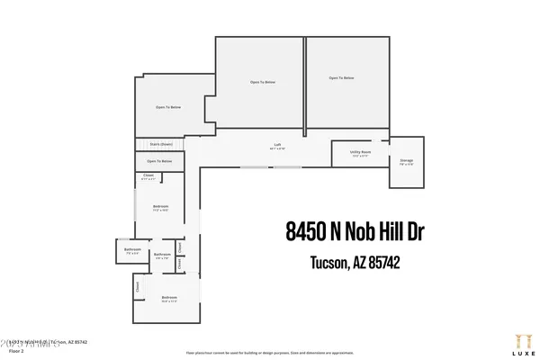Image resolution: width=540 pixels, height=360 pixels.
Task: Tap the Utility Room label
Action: [359, 153]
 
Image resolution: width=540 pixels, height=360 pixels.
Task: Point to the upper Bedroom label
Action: [161, 207]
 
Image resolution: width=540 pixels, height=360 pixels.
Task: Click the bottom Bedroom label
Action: [168, 297]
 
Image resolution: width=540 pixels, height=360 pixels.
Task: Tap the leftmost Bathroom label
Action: [132, 251]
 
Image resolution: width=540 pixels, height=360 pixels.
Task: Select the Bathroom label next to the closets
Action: [162, 255]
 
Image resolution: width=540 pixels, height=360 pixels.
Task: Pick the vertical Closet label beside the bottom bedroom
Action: [137, 288]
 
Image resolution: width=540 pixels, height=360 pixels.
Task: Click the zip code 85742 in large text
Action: [380, 263]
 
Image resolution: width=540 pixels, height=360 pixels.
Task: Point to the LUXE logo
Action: [516, 342]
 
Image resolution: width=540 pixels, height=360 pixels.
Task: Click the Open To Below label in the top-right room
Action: [340, 78]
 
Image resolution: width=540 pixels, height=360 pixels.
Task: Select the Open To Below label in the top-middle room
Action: [262, 82]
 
